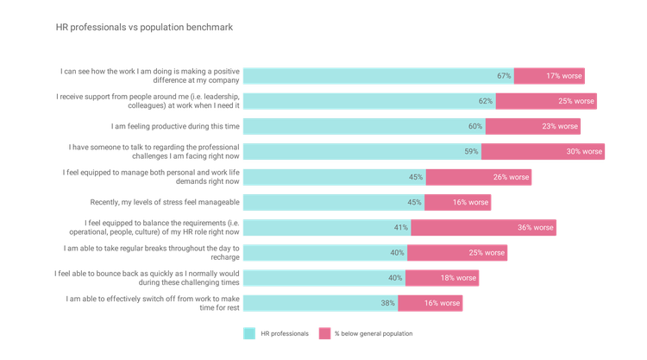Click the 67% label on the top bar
(x=505, y=76)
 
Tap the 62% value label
(x=486, y=101)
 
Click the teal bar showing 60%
(x=363, y=127)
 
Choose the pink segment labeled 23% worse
(x=533, y=127)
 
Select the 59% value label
(x=472, y=152)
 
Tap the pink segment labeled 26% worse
(x=479, y=177)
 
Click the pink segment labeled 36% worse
(x=484, y=228)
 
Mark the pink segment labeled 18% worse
(x=442, y=278)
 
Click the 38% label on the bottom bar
(x=388, y=304)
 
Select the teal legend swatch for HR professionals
(x=249, y=333)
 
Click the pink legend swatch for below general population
(x=324, y=333)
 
